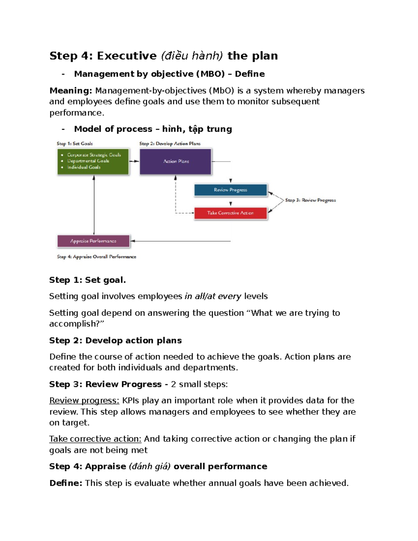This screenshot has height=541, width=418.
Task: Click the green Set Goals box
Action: point(93,161)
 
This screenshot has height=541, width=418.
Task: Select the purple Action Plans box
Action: point(176,161)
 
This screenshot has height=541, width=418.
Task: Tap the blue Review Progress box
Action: point(230,190)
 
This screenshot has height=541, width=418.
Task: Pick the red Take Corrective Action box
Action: point(230,213)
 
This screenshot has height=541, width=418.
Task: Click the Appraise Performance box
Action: point(93,241)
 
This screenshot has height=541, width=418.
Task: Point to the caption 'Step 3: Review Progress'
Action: point(310,200)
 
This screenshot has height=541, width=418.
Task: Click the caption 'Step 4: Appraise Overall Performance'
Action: point(96,257)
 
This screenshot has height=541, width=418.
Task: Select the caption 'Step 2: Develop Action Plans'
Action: point(170,144)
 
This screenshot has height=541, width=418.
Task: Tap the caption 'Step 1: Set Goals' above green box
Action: point(75,144)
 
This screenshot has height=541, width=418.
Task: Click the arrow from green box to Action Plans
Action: point(134,161)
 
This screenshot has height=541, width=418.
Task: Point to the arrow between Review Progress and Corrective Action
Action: point(231,203)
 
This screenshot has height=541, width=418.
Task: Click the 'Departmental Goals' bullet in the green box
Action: point(88,161)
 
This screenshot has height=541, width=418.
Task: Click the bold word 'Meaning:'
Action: point(71,91)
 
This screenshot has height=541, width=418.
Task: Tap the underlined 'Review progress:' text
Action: point(84,401)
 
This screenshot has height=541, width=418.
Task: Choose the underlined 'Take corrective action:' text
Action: point(95,439)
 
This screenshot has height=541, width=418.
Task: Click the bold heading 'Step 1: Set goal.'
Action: point(87,280)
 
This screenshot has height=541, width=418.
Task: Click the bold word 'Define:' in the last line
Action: point(66,483)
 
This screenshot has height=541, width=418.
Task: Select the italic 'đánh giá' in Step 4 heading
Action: point(150,466)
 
